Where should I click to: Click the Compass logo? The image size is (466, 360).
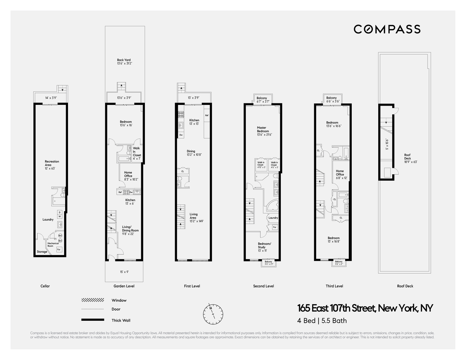(x=387, y=29)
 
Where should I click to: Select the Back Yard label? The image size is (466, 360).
(x=124, y=61)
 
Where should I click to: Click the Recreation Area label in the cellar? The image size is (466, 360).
(x=52, y=163)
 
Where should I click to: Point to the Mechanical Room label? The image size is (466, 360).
(x=53, y=245)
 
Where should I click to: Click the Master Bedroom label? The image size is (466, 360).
(x=263, y=131)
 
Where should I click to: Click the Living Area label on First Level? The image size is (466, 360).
(x=193, y=216)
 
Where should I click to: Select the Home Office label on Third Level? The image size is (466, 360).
(x=340, y=173)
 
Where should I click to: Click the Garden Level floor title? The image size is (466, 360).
(x=124, y=286)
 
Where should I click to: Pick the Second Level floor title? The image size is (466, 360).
(x=264, y=286)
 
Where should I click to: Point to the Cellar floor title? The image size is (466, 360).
(x=45, y=286)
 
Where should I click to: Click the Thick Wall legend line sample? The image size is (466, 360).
(x=92, y=320)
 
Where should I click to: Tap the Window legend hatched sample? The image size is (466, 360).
(x=92, y=300)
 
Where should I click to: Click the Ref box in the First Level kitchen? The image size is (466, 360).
(x=207, y=116)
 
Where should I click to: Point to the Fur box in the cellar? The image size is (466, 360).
(x=59, y=249)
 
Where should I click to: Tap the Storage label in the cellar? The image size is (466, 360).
(x=42, y=252)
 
